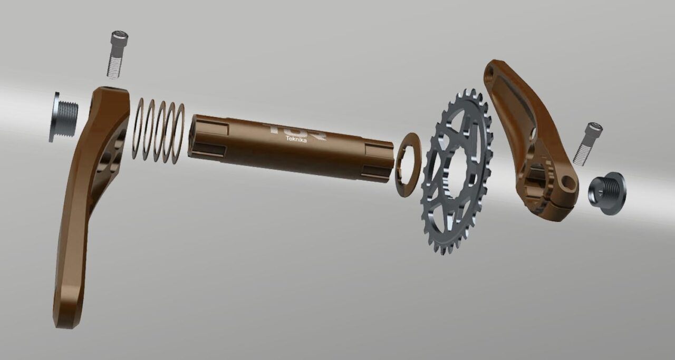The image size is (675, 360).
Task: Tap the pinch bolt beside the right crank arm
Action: [588, 143]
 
